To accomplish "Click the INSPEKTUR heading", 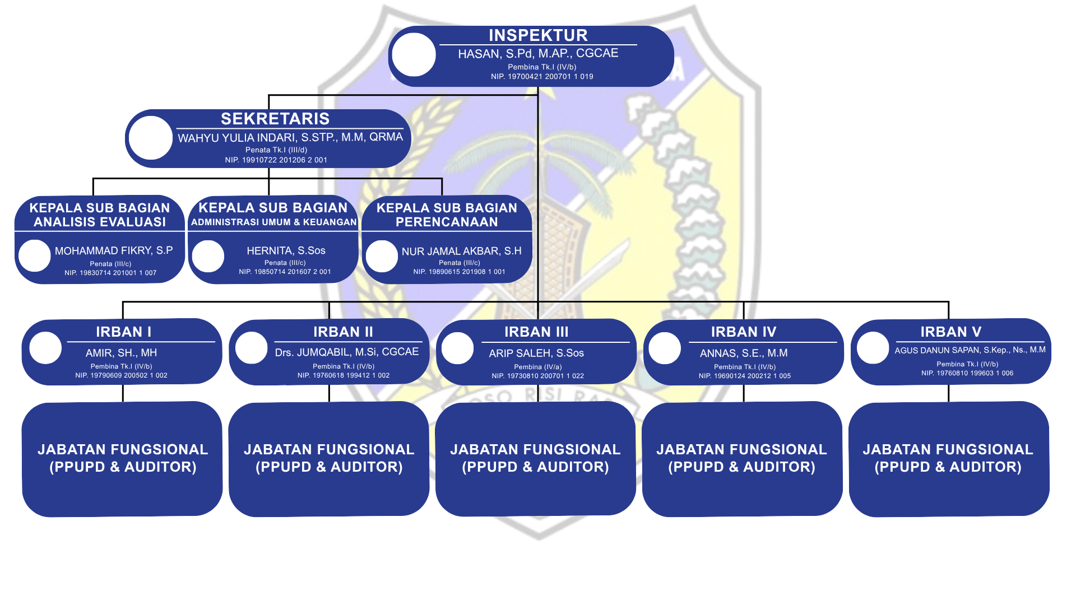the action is [x=538, y=35].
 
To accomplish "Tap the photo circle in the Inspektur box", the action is [x=414, y=54].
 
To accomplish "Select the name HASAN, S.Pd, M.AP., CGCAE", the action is [x=538, y=54].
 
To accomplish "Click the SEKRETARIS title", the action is [x=275, y=119].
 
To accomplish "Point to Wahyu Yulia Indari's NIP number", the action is [x=276, y=160].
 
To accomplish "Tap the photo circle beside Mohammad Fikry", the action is [x=35, y=255].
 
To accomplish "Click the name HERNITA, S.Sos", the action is [x=286, y=250].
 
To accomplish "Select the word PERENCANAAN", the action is [x=447, y=222].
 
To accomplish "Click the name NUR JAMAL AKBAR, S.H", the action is [x=461, y=251].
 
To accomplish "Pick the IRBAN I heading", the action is [x=123, y=332].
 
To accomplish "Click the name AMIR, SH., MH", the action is [x=121, y=353].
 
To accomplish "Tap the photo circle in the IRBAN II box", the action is [x=251, y=347].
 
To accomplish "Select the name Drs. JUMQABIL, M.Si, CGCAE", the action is [x=346, y=352].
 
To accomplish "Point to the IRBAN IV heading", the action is [x=744, y=332].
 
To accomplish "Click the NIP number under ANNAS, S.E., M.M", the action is [x=745, y=376].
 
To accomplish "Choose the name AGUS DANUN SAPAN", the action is [x=970, y=350].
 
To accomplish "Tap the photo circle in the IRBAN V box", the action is [x=873, y=347].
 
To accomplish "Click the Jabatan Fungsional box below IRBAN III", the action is [x=536, y=458].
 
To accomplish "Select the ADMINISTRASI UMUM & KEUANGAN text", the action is [x=273, y=222].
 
